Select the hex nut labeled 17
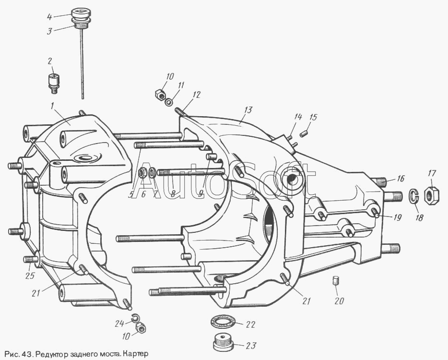(431, 194)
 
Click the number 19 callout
(398, 216)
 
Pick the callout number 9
(201, 194)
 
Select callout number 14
(298, 117)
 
